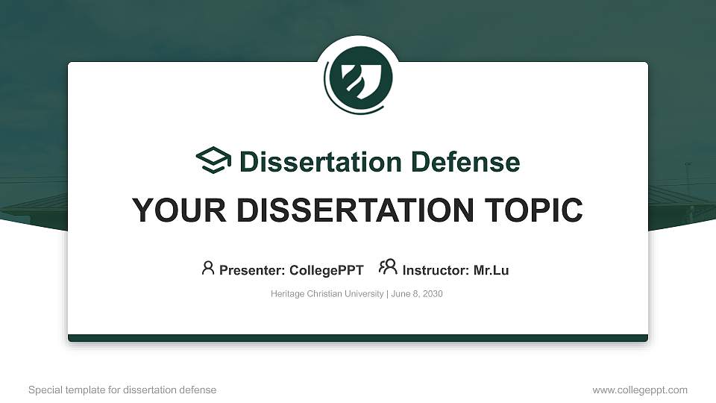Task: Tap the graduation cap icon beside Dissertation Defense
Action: [213, 161]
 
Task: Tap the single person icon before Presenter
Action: [208, 268]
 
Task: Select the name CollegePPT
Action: [326, 270]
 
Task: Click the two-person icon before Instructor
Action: [388, 268]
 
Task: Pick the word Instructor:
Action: [436, 270]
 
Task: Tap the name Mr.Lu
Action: [492, 270]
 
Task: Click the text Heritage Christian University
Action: [327, 294]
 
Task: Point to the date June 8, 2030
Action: [416, 294]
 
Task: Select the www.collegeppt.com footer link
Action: [640, 390]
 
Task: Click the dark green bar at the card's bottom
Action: [358, 338]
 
